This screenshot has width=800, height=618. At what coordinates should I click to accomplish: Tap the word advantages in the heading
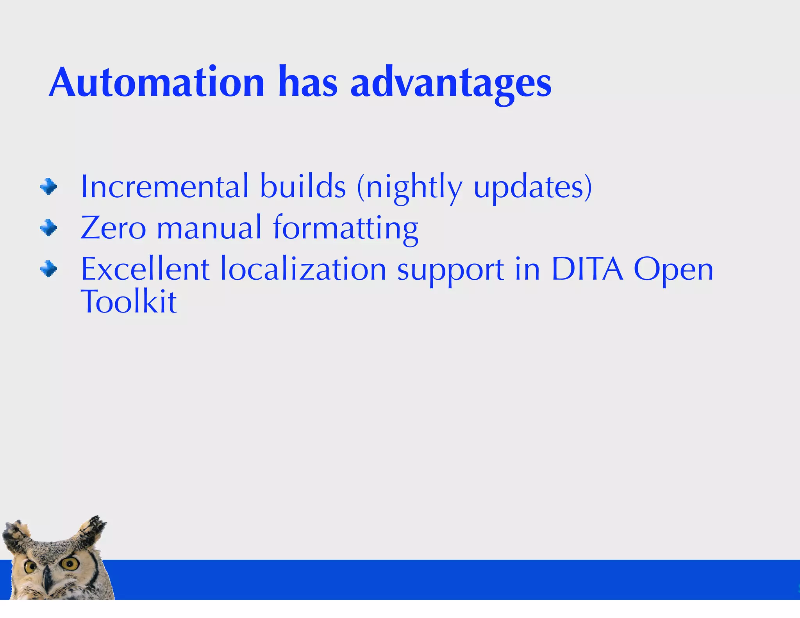451,84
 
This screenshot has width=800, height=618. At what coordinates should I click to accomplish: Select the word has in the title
308,83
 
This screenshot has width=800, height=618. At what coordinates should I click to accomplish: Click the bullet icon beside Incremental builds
48,186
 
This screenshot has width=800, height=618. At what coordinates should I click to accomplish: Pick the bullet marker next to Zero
48,227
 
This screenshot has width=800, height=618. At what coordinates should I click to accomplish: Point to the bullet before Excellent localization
48,269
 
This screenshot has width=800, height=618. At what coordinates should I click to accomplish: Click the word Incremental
164,187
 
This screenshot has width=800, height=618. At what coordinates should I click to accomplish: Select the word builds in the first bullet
303,187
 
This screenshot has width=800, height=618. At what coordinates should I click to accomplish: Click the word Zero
113,228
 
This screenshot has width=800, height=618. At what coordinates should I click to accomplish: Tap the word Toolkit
129,302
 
